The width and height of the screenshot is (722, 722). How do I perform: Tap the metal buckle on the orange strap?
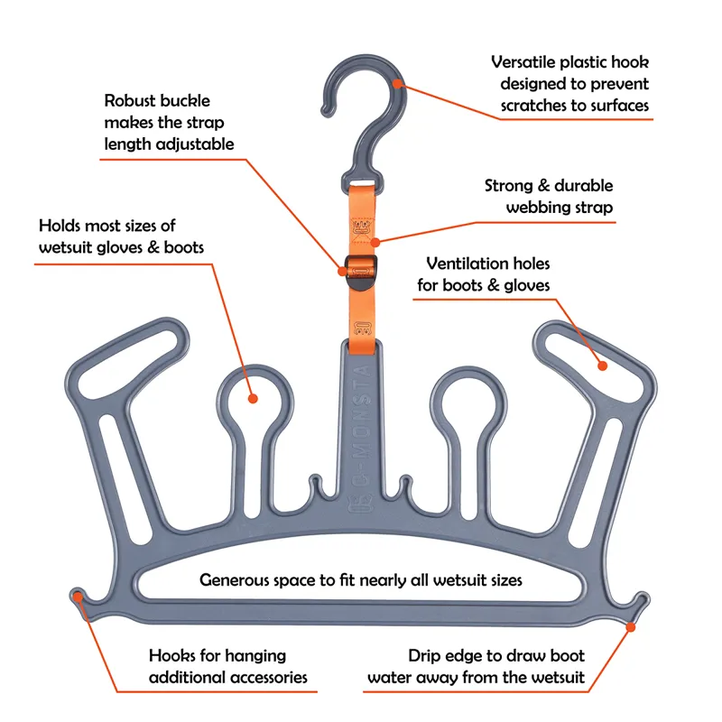[360, 269]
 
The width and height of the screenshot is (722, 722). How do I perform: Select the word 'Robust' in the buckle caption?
[134, 100]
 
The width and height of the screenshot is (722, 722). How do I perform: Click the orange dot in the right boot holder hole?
[600, 365]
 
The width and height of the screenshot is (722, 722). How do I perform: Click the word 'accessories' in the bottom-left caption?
[262, 677]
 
